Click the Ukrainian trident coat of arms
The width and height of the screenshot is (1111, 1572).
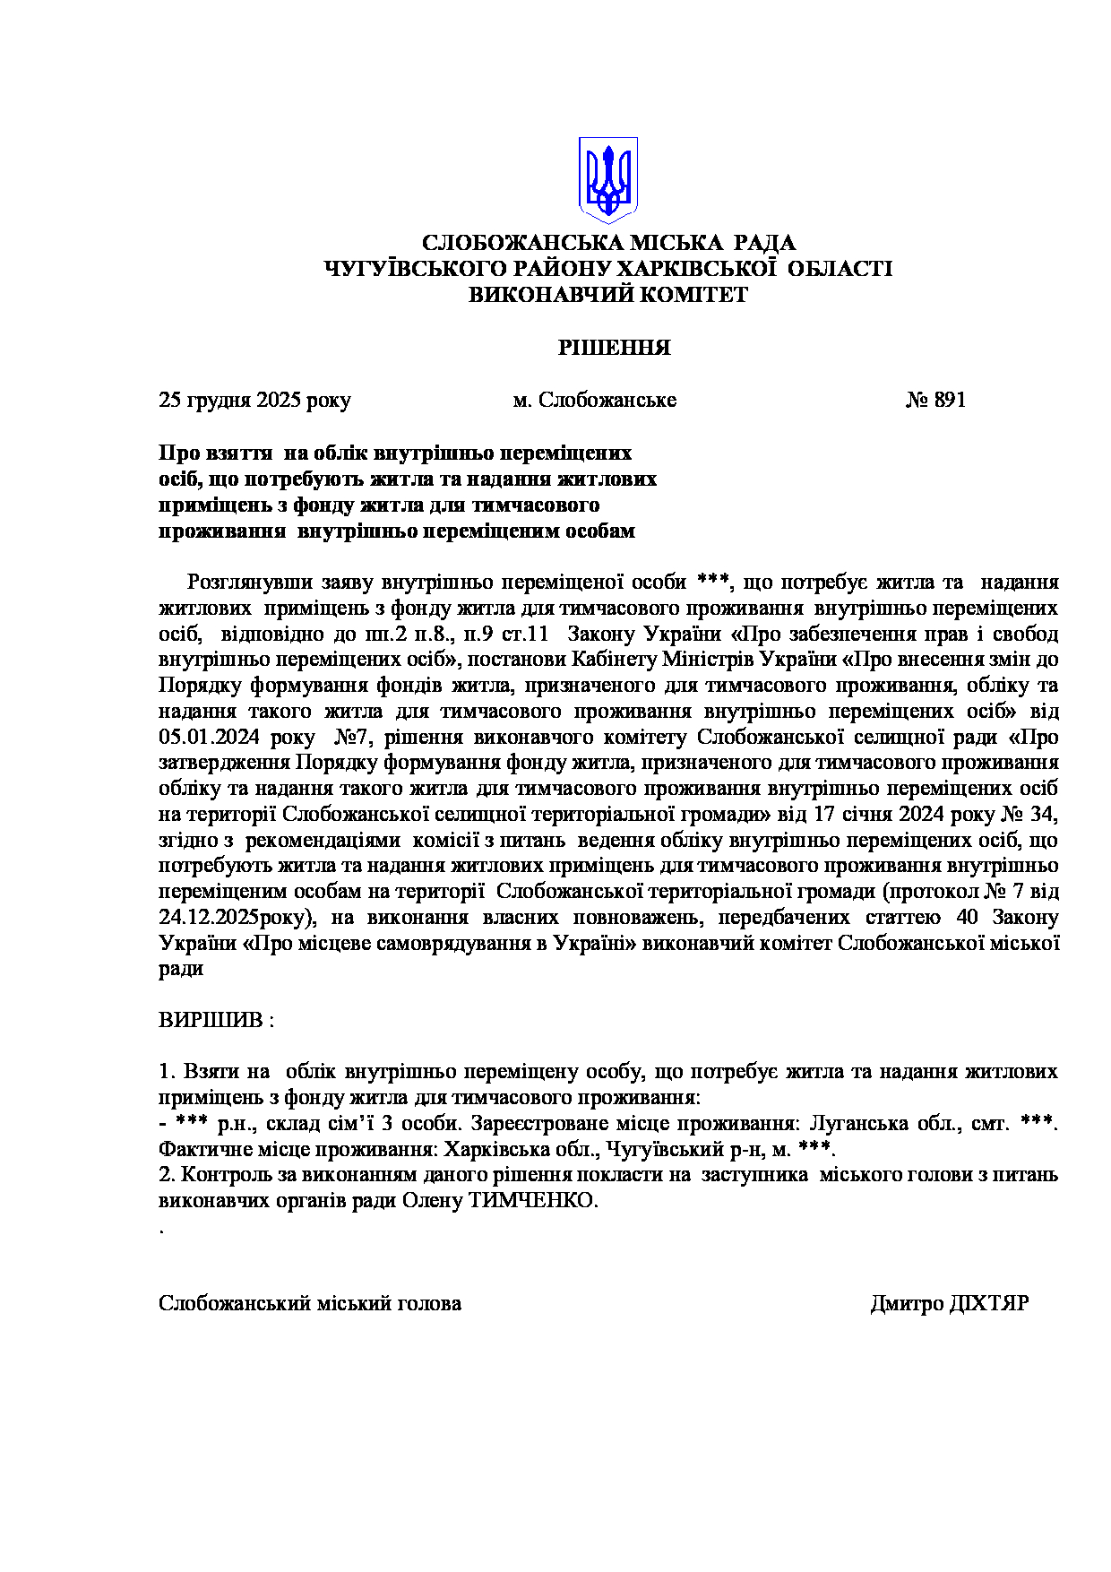coord(607,179)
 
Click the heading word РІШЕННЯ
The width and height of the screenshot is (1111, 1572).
coord(614,348)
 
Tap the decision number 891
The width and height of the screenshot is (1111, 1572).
coord(949,400)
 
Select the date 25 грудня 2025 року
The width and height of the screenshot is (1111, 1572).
coord(254,400)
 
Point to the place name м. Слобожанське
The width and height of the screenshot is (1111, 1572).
coord(594,400)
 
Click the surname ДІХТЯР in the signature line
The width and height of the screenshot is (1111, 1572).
coord(988,1303)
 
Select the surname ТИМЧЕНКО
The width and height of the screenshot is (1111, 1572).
coord(532,1201)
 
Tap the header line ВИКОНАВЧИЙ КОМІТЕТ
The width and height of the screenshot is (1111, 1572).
coord(607,295)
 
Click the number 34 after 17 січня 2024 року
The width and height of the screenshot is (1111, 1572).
coord(1044,815)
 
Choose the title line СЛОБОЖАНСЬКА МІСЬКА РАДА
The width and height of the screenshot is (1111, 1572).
coord(607,243)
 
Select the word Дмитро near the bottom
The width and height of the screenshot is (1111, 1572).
coord(905,1303)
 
